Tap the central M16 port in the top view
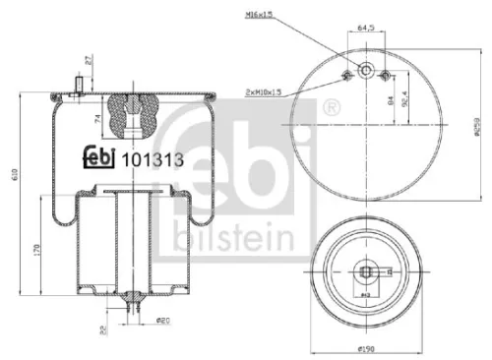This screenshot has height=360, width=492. [x=365, y=70]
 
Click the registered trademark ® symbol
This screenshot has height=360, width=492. [x=332, y=106]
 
